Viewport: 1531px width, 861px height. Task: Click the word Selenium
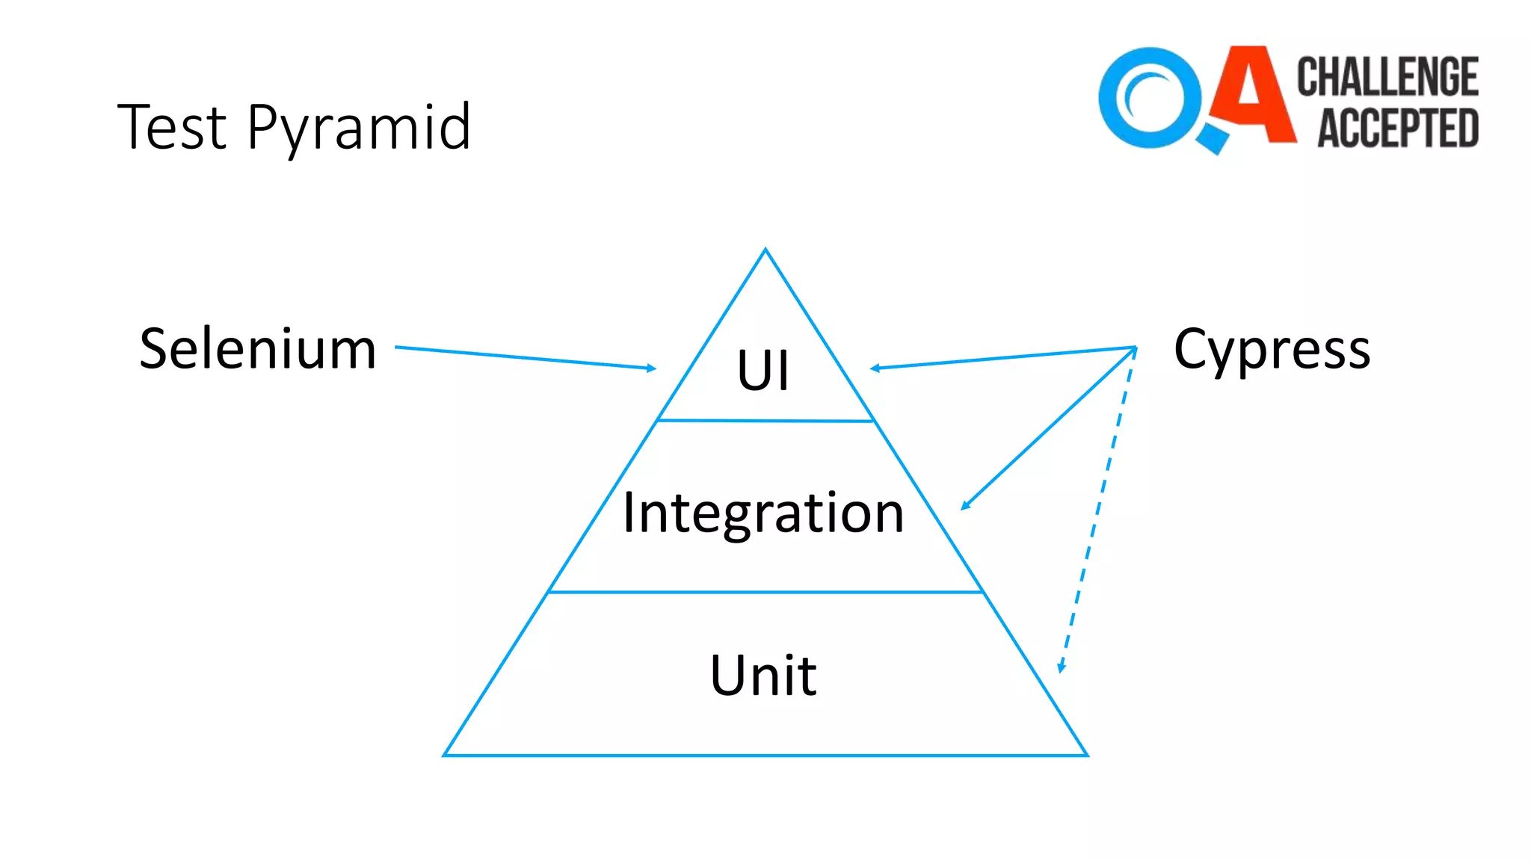pos(258,349)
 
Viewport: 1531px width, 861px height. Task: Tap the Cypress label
pos(1272,350)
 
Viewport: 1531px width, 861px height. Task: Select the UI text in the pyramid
pos(763,370)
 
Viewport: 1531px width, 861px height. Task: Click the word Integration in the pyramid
pos(763,514)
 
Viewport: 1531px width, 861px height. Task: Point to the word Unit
pos(763,676)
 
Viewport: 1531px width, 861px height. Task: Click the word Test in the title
pos(171,127)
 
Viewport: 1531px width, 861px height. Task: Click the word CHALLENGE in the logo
pos(1387,77)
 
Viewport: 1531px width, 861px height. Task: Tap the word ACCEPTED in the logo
pos(1397,128)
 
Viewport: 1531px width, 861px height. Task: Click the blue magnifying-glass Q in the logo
pos(1151,99)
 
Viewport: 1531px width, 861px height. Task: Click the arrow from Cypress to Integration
pos(1048,428)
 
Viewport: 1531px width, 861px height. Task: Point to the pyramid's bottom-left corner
pos(445,755)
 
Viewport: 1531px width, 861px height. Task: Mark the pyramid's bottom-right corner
pos(1086,755)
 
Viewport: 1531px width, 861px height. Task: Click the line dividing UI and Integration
pos(765,421)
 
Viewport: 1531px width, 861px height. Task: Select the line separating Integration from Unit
pos(765,592)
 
